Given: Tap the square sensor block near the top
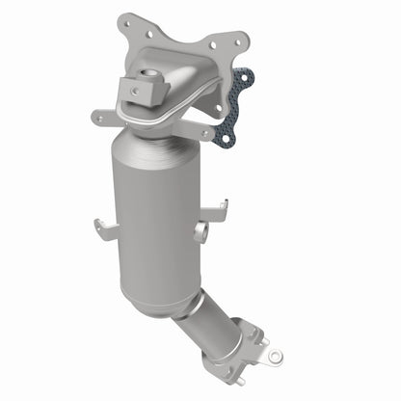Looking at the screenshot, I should point(143,92).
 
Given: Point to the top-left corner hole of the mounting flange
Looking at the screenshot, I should point(123,20).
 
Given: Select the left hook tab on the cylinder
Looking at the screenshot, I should point(102,228).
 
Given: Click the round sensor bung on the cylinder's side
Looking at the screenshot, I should point(200,232).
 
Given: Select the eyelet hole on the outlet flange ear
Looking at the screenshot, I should point(276,356).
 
